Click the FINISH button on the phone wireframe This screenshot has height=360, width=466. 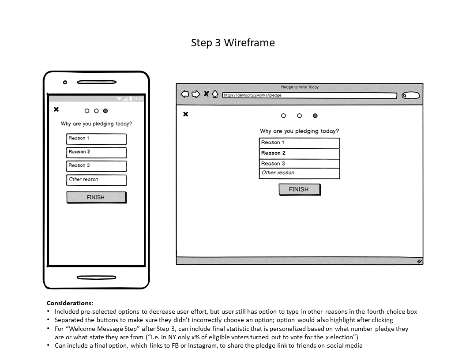pyautogui.click(x=96, y=197)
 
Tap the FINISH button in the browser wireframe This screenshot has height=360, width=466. pyautogui.click(x=299, y=189)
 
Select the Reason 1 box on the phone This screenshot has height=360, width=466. pyautogui.click(x=96, y=139)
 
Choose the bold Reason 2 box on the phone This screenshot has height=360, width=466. pyautogui.click(x=96, y=153)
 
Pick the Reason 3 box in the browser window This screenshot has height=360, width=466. pyautogui.click(x=299, y=164)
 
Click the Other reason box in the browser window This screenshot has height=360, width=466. pyautogui.click(x=299, y=173)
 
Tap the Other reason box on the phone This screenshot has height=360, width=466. pyautogui.click(x=96, y=180)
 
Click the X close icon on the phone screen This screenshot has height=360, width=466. pyautogui.click(x=56, y=109)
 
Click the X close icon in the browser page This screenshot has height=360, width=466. pyautogui.click(x=186, y=114)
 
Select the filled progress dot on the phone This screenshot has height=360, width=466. pyautogui.click(x=105, y=111)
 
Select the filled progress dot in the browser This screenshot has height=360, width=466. pyautogui.click(x=315, y=116)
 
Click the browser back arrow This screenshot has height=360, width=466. pyautogui.click(x=185, y=94)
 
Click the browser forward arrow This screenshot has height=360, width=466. pyautogui.click(x=196, y=94)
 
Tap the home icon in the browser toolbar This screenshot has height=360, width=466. pyautogui.click(x=215, y=94)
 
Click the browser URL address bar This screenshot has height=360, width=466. pyautogui.click(x=309, y=95)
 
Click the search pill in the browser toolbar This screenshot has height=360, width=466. pyautogui.click(x=411, y=95)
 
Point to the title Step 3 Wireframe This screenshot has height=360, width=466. pyautogui.click(x=233, y=43)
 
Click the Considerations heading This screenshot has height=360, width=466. pyautogui.click(x=70, y=303)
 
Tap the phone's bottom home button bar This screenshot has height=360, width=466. pyautogui.click(x=96, y=278)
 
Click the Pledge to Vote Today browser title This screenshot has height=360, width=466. pyautogui.click(x=299, y=87)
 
